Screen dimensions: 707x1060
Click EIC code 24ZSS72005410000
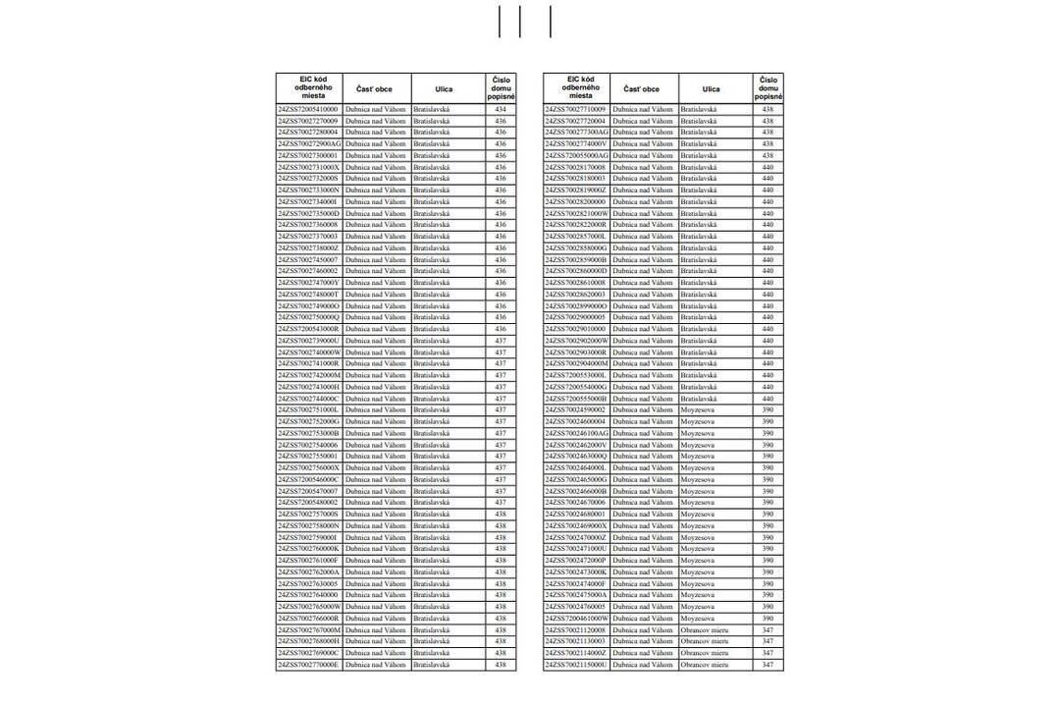[x=309, y=109]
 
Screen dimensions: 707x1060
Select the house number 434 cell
[x=501, y=109]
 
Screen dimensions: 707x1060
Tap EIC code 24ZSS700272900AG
[x=309, y=143]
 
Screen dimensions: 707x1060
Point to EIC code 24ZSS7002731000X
[x=309, y=167]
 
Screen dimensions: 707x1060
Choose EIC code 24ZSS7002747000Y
[x=309, y=283]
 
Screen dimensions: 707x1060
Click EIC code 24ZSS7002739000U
[x=309, y=341]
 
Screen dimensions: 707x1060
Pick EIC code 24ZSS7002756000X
[x=309, y=468]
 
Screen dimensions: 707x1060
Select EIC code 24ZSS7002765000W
[x=309, y=607]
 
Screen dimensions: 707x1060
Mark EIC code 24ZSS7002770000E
[x=309, y=665]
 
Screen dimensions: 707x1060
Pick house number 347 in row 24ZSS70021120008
[x=768, y=630]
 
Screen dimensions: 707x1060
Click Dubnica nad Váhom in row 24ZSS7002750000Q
[x=376, y=317]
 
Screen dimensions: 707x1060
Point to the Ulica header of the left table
[x=444, y=89]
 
